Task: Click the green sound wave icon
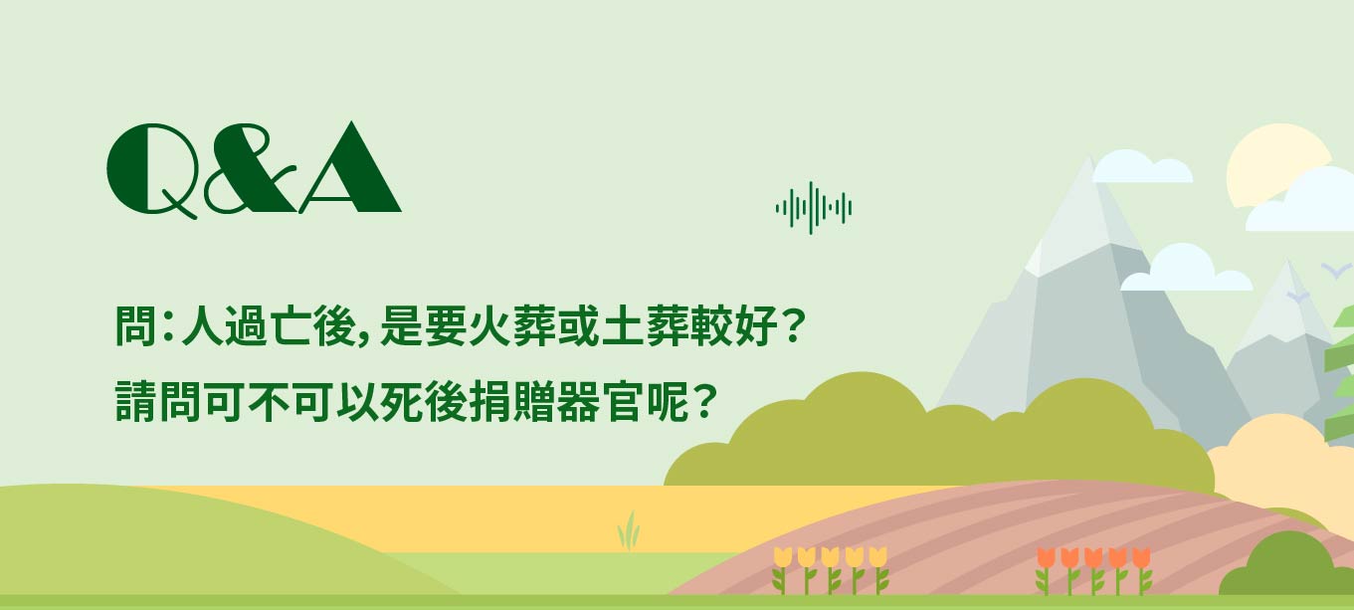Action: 814,208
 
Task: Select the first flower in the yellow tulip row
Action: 782,569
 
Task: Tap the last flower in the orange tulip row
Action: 1141,571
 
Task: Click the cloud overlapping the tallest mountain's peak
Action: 1142,167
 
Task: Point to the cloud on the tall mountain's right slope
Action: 1185,269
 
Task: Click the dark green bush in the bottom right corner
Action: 1284,565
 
